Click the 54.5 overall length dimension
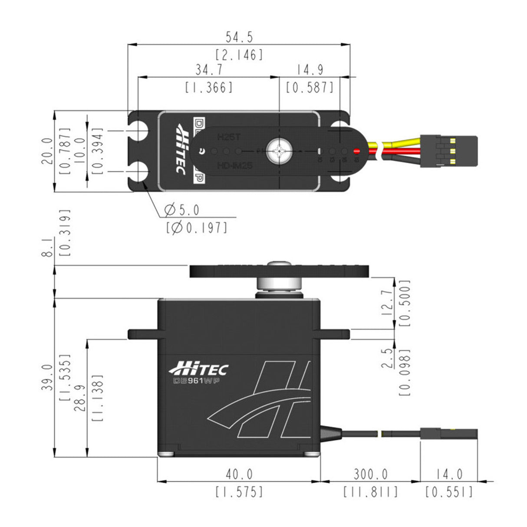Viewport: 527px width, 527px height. (239, 37)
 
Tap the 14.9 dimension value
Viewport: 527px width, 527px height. (310, 69)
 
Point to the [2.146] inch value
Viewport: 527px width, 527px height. (239, 55)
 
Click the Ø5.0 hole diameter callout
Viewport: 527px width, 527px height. (182, 211)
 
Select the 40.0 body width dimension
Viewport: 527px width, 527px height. (239, 474)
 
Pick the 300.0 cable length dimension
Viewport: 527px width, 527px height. (370, 474)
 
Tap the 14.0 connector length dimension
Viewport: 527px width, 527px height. (449, 474)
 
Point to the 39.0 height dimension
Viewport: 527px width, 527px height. (49, 377)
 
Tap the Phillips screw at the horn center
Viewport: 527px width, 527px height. (278, 151)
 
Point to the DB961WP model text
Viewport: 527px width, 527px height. (195, 381)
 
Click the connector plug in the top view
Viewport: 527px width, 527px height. (449, 151)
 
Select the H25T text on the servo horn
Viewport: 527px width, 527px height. (228, 137)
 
